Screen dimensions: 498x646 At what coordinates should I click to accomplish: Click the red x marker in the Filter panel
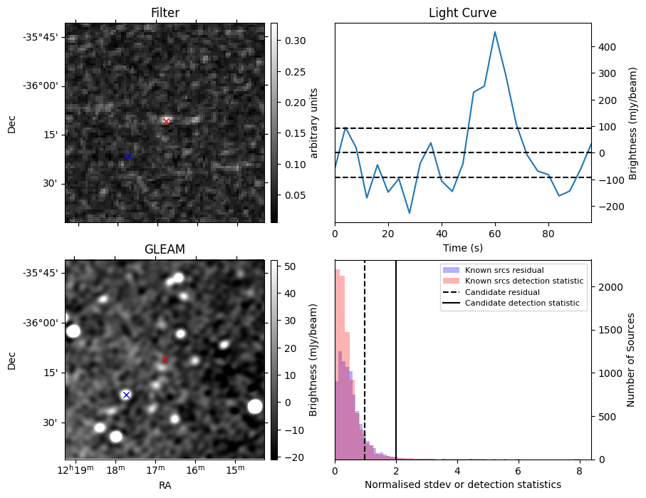(x=166, y=121)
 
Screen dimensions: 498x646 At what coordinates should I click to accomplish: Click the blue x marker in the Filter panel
(x=128, y=156)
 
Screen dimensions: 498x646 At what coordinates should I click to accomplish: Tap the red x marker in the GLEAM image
(x=165, y=359)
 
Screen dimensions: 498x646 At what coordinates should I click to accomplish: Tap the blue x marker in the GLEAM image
(x=126, y=395)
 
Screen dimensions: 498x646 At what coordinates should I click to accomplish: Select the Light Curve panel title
(x=462, y=13)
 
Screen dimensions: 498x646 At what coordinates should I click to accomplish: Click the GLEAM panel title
(x=165, y=249)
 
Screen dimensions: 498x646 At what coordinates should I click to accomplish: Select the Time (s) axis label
(x=462, y=247)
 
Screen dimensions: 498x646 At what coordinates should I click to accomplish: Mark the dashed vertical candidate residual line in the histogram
(x=365, y=370)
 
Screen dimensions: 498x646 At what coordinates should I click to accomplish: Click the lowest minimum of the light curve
(x=410, y=213)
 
